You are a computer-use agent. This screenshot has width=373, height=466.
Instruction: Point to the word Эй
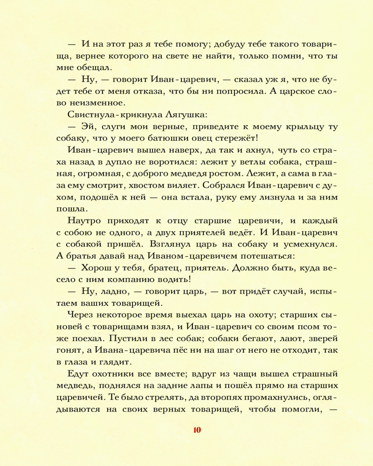[x=88, y=127]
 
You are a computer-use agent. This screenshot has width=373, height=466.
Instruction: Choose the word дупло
[x=122, y=163]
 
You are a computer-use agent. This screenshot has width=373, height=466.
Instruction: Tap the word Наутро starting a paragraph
[x=85, y=220]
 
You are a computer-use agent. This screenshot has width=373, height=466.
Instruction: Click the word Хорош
[x=98, y=268]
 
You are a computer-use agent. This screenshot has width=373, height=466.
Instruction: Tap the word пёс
[x=180, y=349]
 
